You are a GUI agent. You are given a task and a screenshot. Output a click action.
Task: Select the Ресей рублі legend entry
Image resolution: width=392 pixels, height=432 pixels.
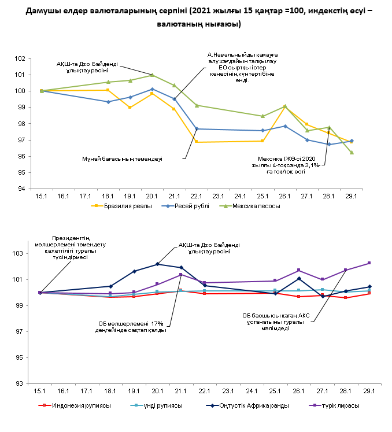pos(186,205)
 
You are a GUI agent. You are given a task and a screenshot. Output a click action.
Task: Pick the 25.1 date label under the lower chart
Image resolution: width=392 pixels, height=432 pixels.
pos(275,392)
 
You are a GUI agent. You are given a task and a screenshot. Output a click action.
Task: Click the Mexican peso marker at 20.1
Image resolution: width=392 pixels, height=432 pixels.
pos(152,75)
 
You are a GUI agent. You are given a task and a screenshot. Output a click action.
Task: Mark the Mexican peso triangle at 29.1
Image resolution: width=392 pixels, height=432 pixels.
pos(352,152)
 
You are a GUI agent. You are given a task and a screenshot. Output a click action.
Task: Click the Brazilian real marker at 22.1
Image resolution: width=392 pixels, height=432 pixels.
pos(197,142)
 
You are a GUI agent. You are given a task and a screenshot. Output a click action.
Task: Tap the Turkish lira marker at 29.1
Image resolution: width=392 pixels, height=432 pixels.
pos(369,263)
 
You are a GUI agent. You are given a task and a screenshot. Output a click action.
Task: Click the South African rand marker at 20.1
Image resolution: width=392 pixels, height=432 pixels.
pos(157,264)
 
